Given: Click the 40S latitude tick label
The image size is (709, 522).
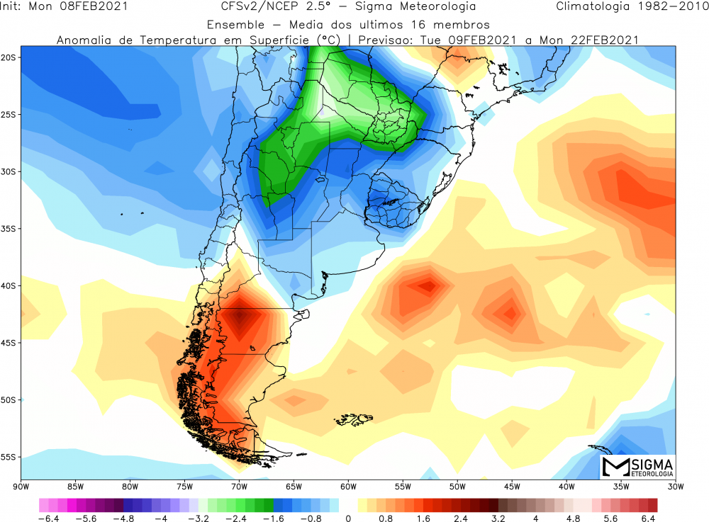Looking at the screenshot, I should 10,285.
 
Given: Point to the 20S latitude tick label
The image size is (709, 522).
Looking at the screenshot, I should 10,57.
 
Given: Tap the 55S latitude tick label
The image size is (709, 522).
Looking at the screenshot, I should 10,457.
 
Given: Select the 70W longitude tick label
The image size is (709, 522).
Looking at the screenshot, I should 239,486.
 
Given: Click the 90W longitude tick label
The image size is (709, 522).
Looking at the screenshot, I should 21,486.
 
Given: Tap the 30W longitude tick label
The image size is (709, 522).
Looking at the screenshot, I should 676,486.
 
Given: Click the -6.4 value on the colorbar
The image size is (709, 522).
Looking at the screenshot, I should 52,518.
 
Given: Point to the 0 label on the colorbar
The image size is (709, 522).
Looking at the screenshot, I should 347,518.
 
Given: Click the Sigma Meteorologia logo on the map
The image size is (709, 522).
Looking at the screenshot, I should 637,467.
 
